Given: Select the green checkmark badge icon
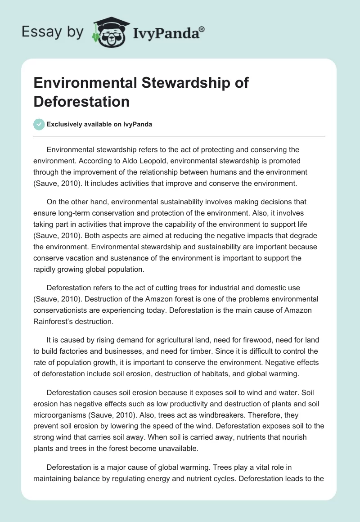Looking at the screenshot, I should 39,125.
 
